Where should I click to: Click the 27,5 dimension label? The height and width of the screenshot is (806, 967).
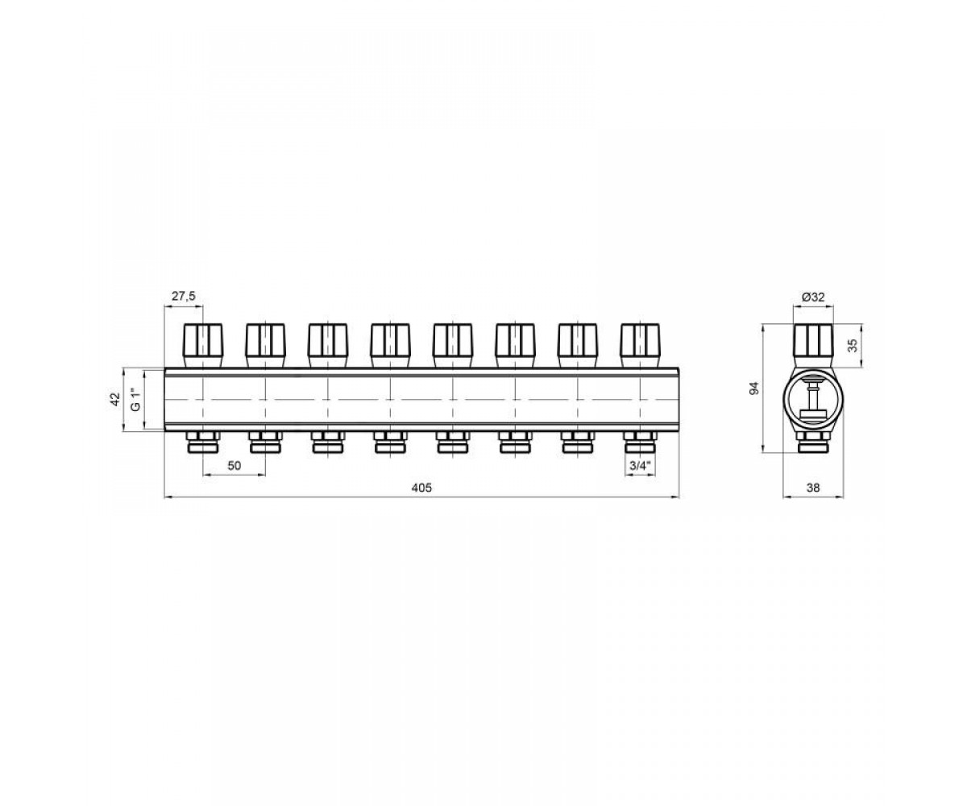coord(184,297)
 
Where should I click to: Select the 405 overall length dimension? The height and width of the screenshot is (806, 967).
coord(421,488)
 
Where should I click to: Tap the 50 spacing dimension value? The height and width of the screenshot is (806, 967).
coord(234,466)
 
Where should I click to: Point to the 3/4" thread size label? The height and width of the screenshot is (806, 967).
coord(640,466)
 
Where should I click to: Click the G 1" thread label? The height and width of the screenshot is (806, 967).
coord(135,400)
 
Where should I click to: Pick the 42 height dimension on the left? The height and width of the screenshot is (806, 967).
coord(115,399)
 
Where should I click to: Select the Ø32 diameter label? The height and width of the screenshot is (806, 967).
coord(813,297)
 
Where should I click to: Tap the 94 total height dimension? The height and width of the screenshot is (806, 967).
coord(754,388)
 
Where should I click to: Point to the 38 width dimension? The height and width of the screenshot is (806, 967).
coord(813,488)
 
